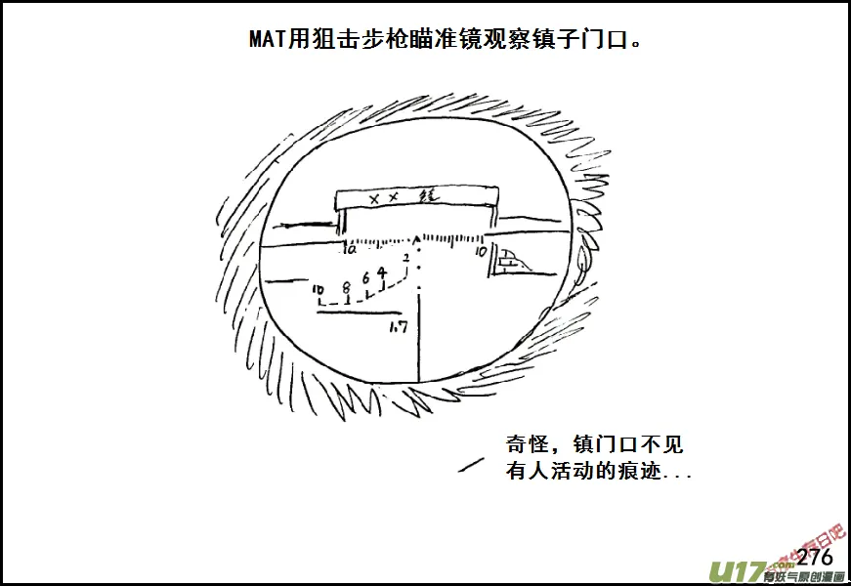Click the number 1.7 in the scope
coord(399,327)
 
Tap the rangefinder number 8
coord(346,288)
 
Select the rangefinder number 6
coord(366,278)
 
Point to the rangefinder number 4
coord(381,272)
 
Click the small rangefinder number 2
coord(405,258)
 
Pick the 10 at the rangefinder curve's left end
coord(319,290)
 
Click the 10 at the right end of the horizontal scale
coord(481,251)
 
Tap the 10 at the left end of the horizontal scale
coord(350,250)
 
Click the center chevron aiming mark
coord(418,237)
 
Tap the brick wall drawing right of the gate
coord(509,261)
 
